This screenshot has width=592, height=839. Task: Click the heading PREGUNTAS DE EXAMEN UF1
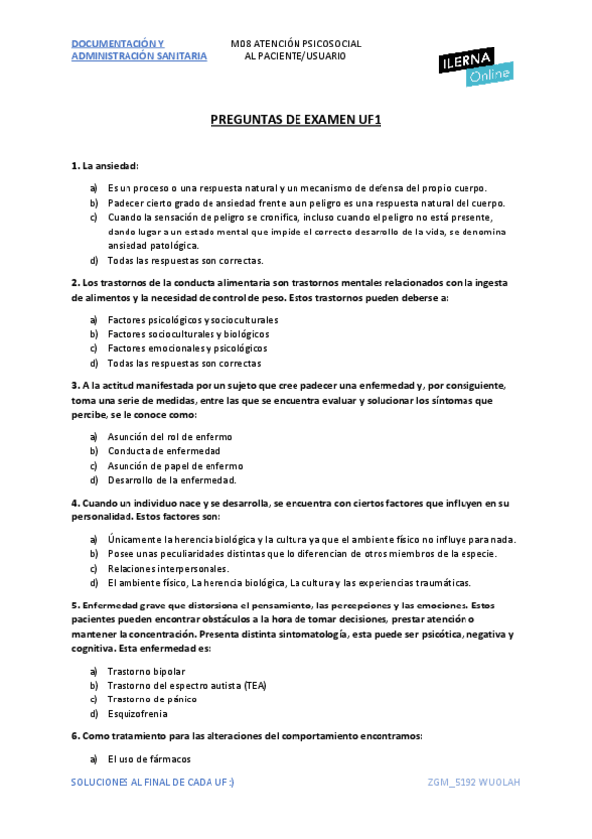tap(296, 119)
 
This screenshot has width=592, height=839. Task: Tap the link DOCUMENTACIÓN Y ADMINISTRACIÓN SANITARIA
tap(138, 49)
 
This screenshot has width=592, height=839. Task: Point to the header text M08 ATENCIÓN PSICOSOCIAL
tap(296, 44)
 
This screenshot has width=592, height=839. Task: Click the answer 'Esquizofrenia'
tap(137, 713)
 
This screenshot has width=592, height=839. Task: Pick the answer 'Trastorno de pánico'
tap(151, 699)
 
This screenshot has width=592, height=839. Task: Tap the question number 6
tap(75, 736)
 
